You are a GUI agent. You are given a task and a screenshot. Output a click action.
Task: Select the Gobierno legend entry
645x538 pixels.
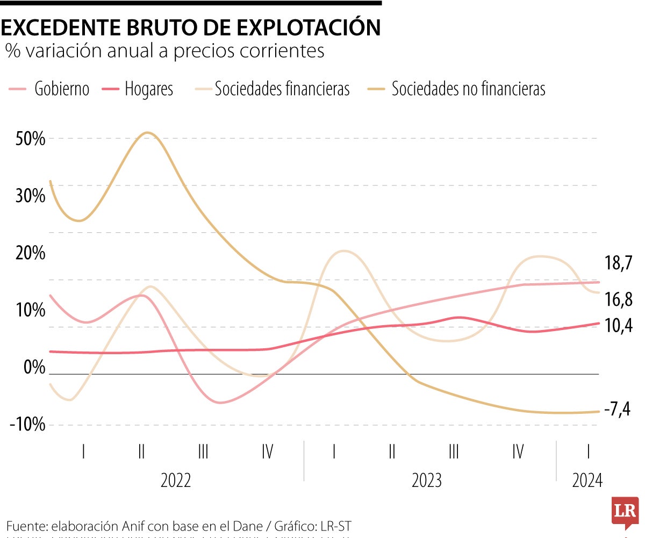[x=49, y=89]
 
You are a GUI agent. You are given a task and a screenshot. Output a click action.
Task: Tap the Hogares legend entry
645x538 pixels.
[x=138, y=89]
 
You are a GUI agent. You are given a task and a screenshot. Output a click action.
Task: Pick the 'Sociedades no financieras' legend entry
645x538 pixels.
[x=456, y=89]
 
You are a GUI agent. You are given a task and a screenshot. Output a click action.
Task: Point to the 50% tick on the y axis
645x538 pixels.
[x=27, y=139]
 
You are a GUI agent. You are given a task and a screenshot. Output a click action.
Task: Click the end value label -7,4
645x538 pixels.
[x=617, y=410]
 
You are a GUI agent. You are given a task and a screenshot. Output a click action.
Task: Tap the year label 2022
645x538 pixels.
[x=176, y=480]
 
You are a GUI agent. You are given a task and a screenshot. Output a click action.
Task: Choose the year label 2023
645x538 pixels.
[x=427, y=480]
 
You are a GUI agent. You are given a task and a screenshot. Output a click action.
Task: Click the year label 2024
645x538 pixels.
[x=588, y=480]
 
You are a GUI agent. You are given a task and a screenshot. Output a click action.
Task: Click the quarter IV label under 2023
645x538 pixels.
[x=518, y=451]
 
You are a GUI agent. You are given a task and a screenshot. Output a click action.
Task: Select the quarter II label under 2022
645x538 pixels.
[x=141, y=451]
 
